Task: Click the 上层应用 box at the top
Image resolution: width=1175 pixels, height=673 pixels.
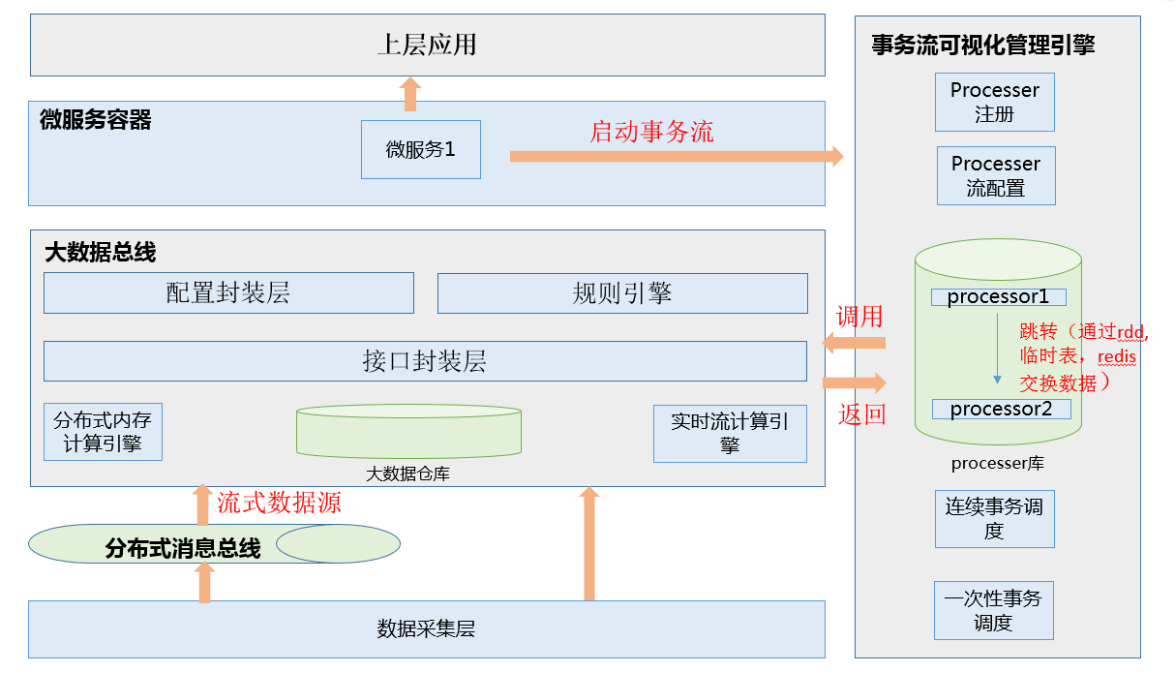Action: click(x=427, y=45)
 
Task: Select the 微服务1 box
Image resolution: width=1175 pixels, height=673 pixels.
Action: click(x=420, y=149)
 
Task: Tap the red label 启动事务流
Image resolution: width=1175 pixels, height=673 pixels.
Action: click(x=651, y=132)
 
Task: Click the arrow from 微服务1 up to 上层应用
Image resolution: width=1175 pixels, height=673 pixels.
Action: click(x=409, y=96)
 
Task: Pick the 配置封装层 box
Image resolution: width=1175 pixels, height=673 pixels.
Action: click(x=228, y=292)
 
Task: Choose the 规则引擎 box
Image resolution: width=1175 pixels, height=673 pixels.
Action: click(x=621, y=292)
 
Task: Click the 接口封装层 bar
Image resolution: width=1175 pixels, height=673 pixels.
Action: click(x=424, y=361)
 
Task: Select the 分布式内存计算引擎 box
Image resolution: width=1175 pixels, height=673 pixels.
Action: click(x=103, y=432)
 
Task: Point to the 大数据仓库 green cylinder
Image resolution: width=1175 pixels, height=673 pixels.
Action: click(x=407, y=432)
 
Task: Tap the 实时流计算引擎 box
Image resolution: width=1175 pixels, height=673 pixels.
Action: click(x=730, y=433)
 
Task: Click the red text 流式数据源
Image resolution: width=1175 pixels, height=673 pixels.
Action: click(x=279, y=503)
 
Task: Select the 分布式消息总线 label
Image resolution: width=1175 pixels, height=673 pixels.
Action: click(x=183, y=549)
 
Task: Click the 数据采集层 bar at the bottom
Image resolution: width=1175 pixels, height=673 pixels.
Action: click(x=426, y=629)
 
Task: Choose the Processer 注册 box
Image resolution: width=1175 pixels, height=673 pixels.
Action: click(x=994, y=102)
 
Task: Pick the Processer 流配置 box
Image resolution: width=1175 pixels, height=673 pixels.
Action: click(x=995, y=175)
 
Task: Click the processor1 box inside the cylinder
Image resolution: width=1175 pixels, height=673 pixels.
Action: click(x=998, y=297)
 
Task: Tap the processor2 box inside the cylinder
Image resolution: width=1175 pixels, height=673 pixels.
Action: click(x=1001, y=409)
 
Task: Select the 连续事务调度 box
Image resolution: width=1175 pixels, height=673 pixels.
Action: click(x=994, y=518)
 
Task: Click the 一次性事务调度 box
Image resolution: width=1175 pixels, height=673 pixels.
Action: click(x=993, y=610)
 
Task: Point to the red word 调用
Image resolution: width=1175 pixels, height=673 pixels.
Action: click(x=859, y=317)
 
